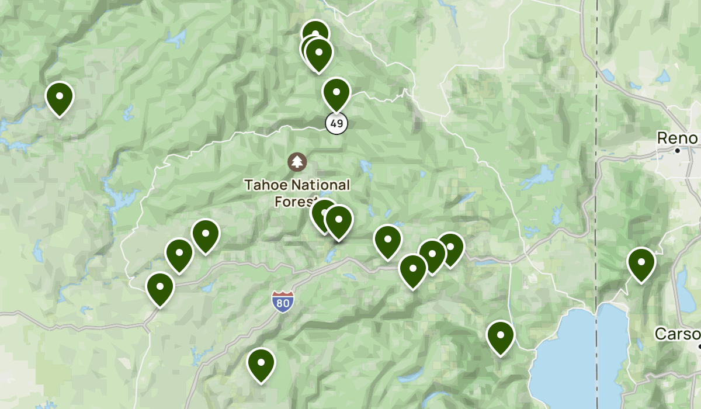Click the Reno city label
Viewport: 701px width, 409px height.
pos(677,138)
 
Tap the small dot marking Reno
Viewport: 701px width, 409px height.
pos(677,151)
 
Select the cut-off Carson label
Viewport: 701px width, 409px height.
pos(677,334)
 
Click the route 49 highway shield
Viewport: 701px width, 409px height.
pos(336,123)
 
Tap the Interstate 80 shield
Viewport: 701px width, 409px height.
pos(282,301)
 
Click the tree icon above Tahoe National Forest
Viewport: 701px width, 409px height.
pos(297,162)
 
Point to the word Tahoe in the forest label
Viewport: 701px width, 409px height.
pos(266,185)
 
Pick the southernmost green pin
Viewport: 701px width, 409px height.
pos(261,364)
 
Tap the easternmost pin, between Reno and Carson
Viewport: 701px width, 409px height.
pos(641,264)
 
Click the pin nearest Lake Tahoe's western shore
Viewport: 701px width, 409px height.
pos(501,337)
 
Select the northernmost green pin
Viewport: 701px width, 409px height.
pos(315,33)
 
